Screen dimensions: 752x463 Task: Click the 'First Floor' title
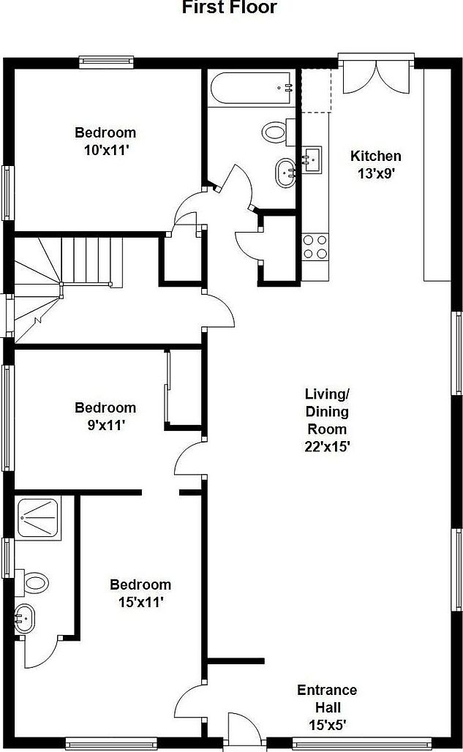230,8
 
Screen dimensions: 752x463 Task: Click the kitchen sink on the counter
312,159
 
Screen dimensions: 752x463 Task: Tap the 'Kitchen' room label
376,156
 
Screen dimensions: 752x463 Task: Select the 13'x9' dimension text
376,173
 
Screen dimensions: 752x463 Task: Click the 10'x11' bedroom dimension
105,150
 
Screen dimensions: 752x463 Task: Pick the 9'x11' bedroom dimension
105,425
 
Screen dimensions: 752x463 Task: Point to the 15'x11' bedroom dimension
140,602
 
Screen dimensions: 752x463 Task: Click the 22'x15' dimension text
327,446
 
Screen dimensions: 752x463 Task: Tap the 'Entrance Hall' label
327,699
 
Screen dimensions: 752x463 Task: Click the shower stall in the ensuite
42,518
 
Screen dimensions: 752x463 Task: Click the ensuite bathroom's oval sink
24,620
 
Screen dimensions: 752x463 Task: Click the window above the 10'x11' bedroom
106,61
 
